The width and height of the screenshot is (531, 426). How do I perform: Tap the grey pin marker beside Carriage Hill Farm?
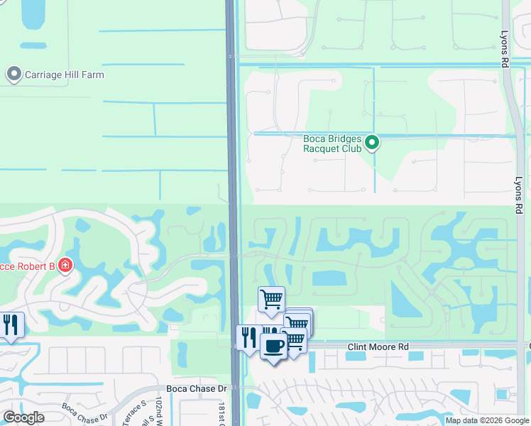tap(13, 74)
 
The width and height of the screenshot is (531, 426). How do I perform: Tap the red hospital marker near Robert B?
tap(65, 266)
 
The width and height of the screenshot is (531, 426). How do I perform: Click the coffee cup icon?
tap(273, 346)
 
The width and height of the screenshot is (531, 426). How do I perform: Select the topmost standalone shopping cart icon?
tap(270, 300)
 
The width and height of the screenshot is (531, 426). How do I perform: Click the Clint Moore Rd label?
tap(378, 347)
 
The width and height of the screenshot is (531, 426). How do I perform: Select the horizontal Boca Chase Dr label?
tap(196, 388)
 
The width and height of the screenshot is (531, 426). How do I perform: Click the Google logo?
tap(23, 417)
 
